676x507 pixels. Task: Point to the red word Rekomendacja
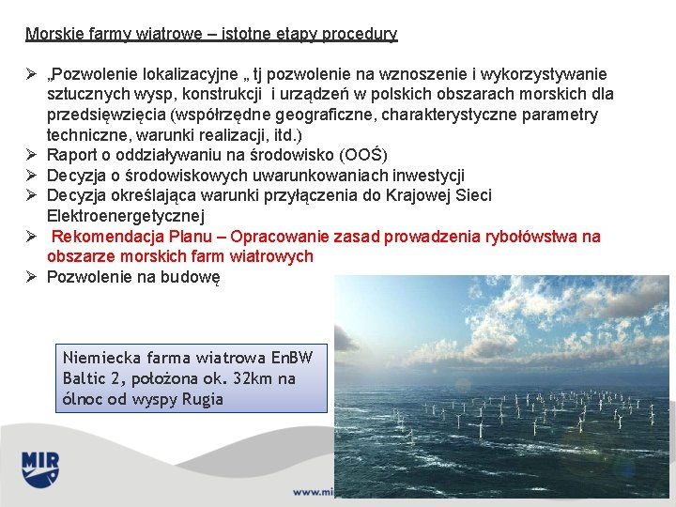tap(105, 237)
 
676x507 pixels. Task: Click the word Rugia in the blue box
tap(202, 399)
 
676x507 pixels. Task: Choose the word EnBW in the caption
tap(291, 358)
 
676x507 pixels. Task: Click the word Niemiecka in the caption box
tap(99, 358)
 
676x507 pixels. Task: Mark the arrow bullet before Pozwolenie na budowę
tap(31, 277)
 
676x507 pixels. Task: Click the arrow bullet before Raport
tap(31, 155)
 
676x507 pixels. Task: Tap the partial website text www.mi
tap(314, 491)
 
